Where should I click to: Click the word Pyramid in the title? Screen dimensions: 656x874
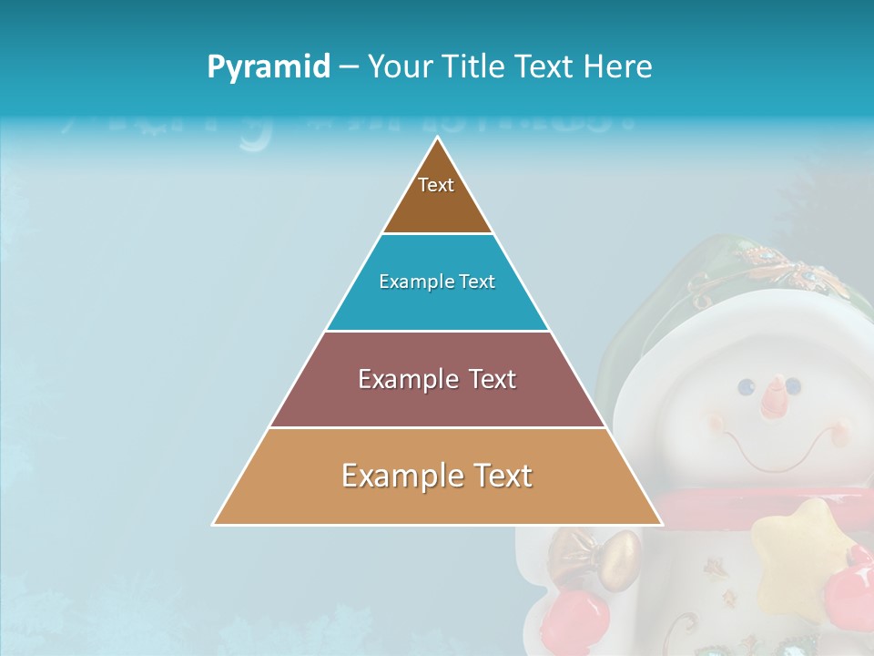(x=269, y=67)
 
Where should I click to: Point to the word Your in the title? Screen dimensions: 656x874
(x=399, y=67)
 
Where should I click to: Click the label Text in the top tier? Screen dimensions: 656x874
(x=436, y=185)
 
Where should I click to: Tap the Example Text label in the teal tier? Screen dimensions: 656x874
(x=437, y=282)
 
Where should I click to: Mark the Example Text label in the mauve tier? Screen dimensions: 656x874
(x=437, y=379)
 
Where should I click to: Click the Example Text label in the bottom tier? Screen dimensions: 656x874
(x=437, y=476)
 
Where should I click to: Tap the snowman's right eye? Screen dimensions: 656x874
(x=793, y=385)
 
